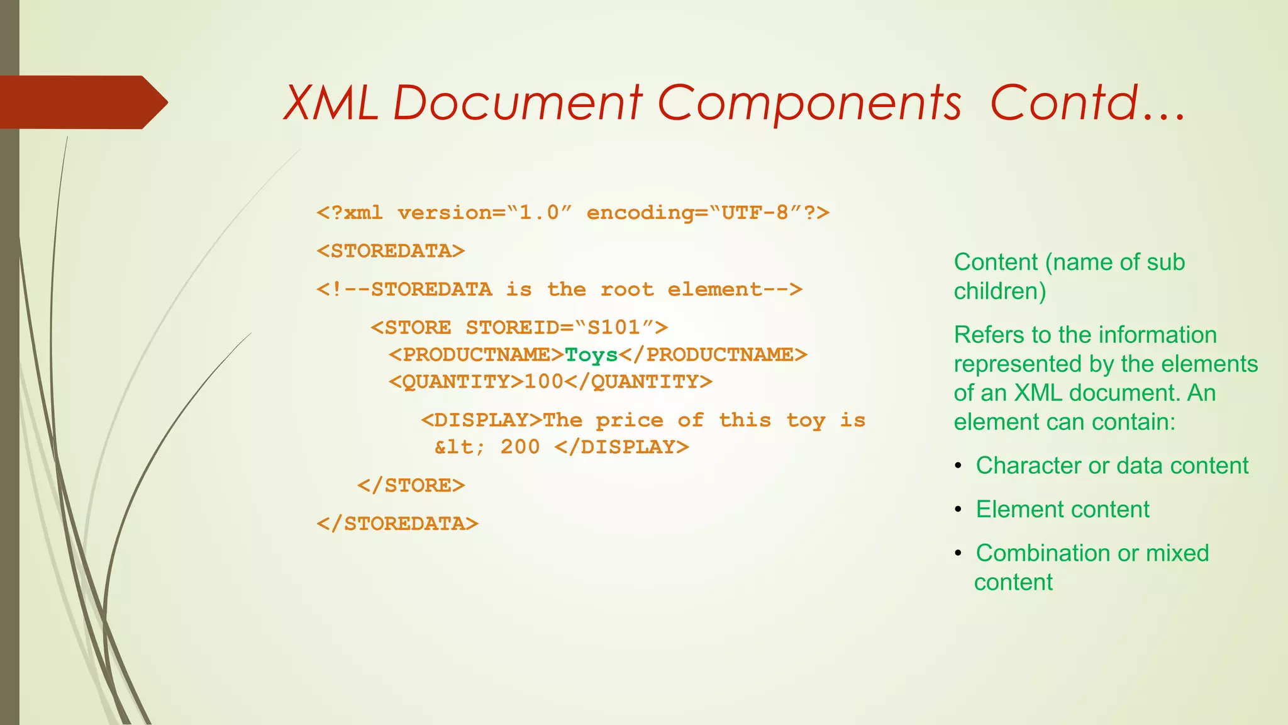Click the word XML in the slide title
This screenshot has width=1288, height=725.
(331, 103)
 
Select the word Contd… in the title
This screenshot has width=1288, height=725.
(1087, 103)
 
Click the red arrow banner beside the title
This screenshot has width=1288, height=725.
(82, 103)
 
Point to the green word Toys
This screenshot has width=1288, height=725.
(591, 355)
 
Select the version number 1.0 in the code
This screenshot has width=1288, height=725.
(538, 213)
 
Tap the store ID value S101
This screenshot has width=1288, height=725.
(613, 327)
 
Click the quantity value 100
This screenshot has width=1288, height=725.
(544, 382)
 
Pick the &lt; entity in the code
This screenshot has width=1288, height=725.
(460, 447)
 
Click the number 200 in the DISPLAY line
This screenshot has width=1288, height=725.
(520, 447)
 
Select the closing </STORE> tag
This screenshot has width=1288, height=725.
(411, 485)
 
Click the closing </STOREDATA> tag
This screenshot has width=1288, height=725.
(397, 524)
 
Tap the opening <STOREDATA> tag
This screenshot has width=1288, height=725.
(391, 251)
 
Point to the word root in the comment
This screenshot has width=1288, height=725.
(627, 289)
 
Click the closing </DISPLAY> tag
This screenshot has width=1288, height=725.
(622, 447)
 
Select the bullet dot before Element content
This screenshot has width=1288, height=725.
(958, 509)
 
